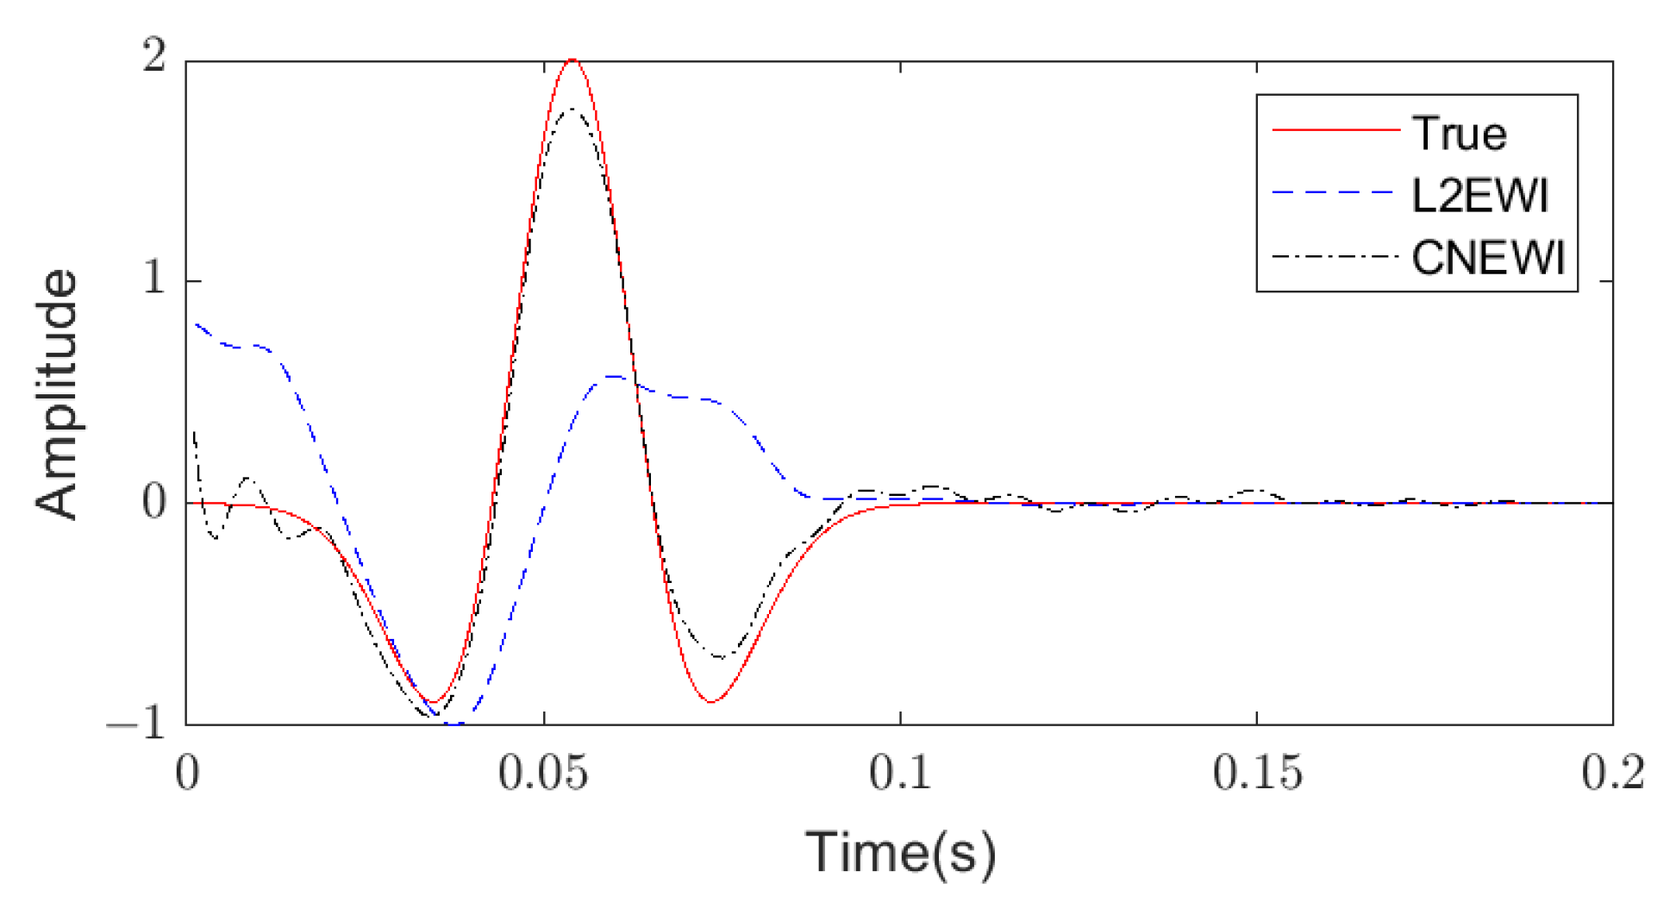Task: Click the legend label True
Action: point(1459,134)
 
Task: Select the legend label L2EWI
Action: point(1479,196)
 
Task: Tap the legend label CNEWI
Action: point(1488,257)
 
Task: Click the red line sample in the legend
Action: point(1335,130)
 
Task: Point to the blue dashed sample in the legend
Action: point(1335,192)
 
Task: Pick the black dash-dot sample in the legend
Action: point(1335,256)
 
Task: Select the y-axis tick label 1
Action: point(154,279)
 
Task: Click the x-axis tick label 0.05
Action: point(543,774)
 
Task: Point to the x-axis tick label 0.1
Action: point(900,774)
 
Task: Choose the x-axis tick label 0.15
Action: point(1256,774)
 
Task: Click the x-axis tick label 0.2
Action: point(1612,774)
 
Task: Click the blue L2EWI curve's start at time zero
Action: point(197,324)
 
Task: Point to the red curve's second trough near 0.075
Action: point(710,701)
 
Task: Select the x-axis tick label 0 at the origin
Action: point(187,774)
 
